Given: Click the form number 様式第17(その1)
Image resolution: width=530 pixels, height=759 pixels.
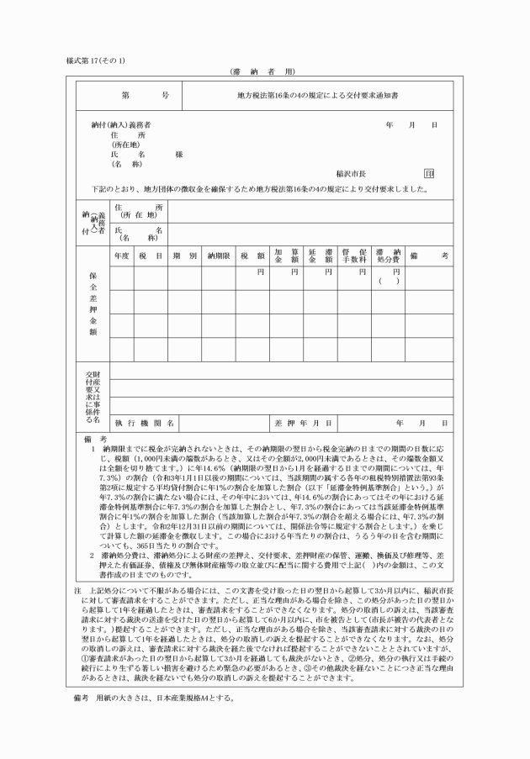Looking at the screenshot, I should pos(94,61).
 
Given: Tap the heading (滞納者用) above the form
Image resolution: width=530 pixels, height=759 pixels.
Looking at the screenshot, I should pos(264,73).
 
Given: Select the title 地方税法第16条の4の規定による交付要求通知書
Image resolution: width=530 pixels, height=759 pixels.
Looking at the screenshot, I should pos(317,96).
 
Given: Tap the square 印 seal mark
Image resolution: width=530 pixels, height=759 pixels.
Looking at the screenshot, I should pos(429,173).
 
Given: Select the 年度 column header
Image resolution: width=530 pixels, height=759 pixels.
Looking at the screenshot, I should pos(120,255).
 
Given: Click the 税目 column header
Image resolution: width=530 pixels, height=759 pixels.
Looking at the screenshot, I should pos(151,255).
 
